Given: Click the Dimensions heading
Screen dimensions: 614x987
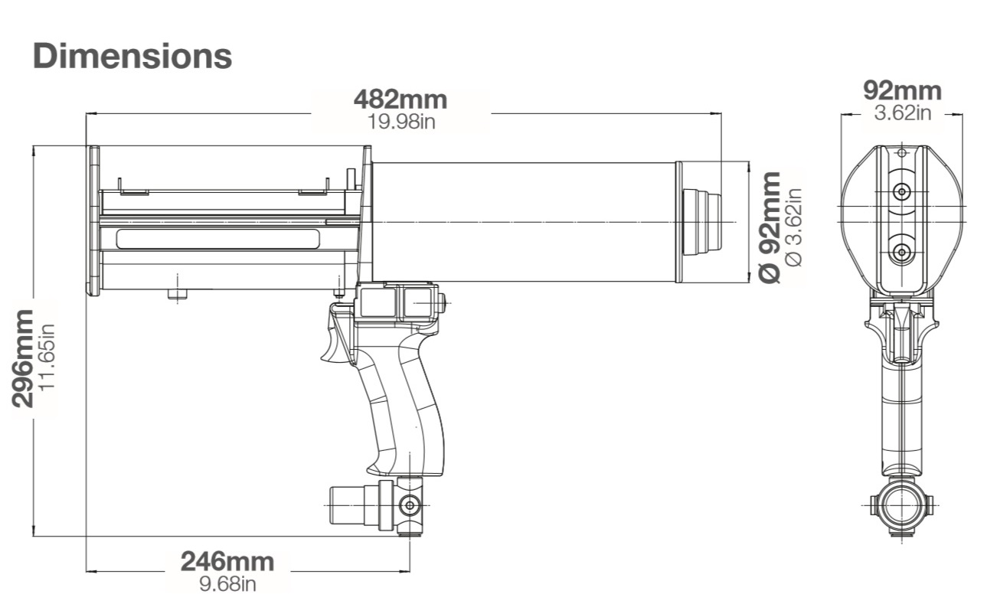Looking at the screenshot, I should coord(132,56).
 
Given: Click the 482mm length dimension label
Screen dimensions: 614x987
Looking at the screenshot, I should coord(400,100).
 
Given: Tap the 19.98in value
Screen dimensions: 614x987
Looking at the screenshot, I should coord(400,121).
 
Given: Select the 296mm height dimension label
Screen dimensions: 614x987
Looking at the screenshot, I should coord(24,358).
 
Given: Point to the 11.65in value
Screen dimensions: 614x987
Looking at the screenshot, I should coord(47,358).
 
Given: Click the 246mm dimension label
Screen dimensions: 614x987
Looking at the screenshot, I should coord(227,561).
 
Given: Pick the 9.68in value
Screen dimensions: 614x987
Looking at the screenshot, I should coord(227,584).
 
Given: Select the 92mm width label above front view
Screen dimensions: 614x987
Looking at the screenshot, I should coord(902,90).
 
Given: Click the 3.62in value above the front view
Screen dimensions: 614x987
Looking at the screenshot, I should coord(902,113).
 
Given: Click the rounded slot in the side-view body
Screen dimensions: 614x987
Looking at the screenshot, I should coord(218,239).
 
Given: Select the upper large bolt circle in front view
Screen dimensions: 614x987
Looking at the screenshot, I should coord(902,191).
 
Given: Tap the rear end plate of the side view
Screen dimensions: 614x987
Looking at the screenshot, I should coord(93,220).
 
